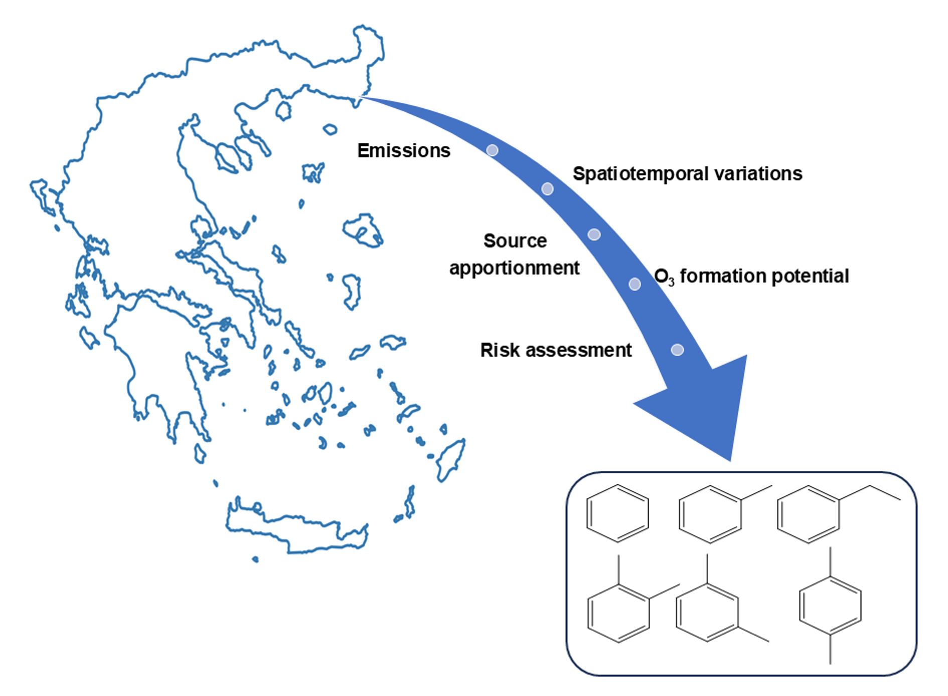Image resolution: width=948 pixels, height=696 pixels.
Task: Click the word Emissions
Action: (x=403, y=150)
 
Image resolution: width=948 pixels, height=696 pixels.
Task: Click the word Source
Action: (x=515, y=241)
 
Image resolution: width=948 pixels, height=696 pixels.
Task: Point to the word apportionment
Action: (x=514, y=268)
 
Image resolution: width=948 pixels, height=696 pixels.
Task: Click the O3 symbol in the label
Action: (x=664, y=276)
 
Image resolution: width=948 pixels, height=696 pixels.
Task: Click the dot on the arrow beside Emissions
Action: (x=492, y=150)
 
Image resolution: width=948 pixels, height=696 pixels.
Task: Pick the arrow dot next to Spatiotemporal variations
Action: (x=547, y=189)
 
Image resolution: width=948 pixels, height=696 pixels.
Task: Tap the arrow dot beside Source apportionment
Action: (x=594, y=234)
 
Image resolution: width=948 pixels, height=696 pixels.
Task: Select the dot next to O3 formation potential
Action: (x=635, y=284)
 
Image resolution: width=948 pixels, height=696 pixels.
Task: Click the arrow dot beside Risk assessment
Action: (x=677, y=350)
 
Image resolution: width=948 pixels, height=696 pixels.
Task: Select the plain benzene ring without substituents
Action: (x=617, y=513)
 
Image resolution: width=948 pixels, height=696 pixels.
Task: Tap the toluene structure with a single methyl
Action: (x=712, y=514)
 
